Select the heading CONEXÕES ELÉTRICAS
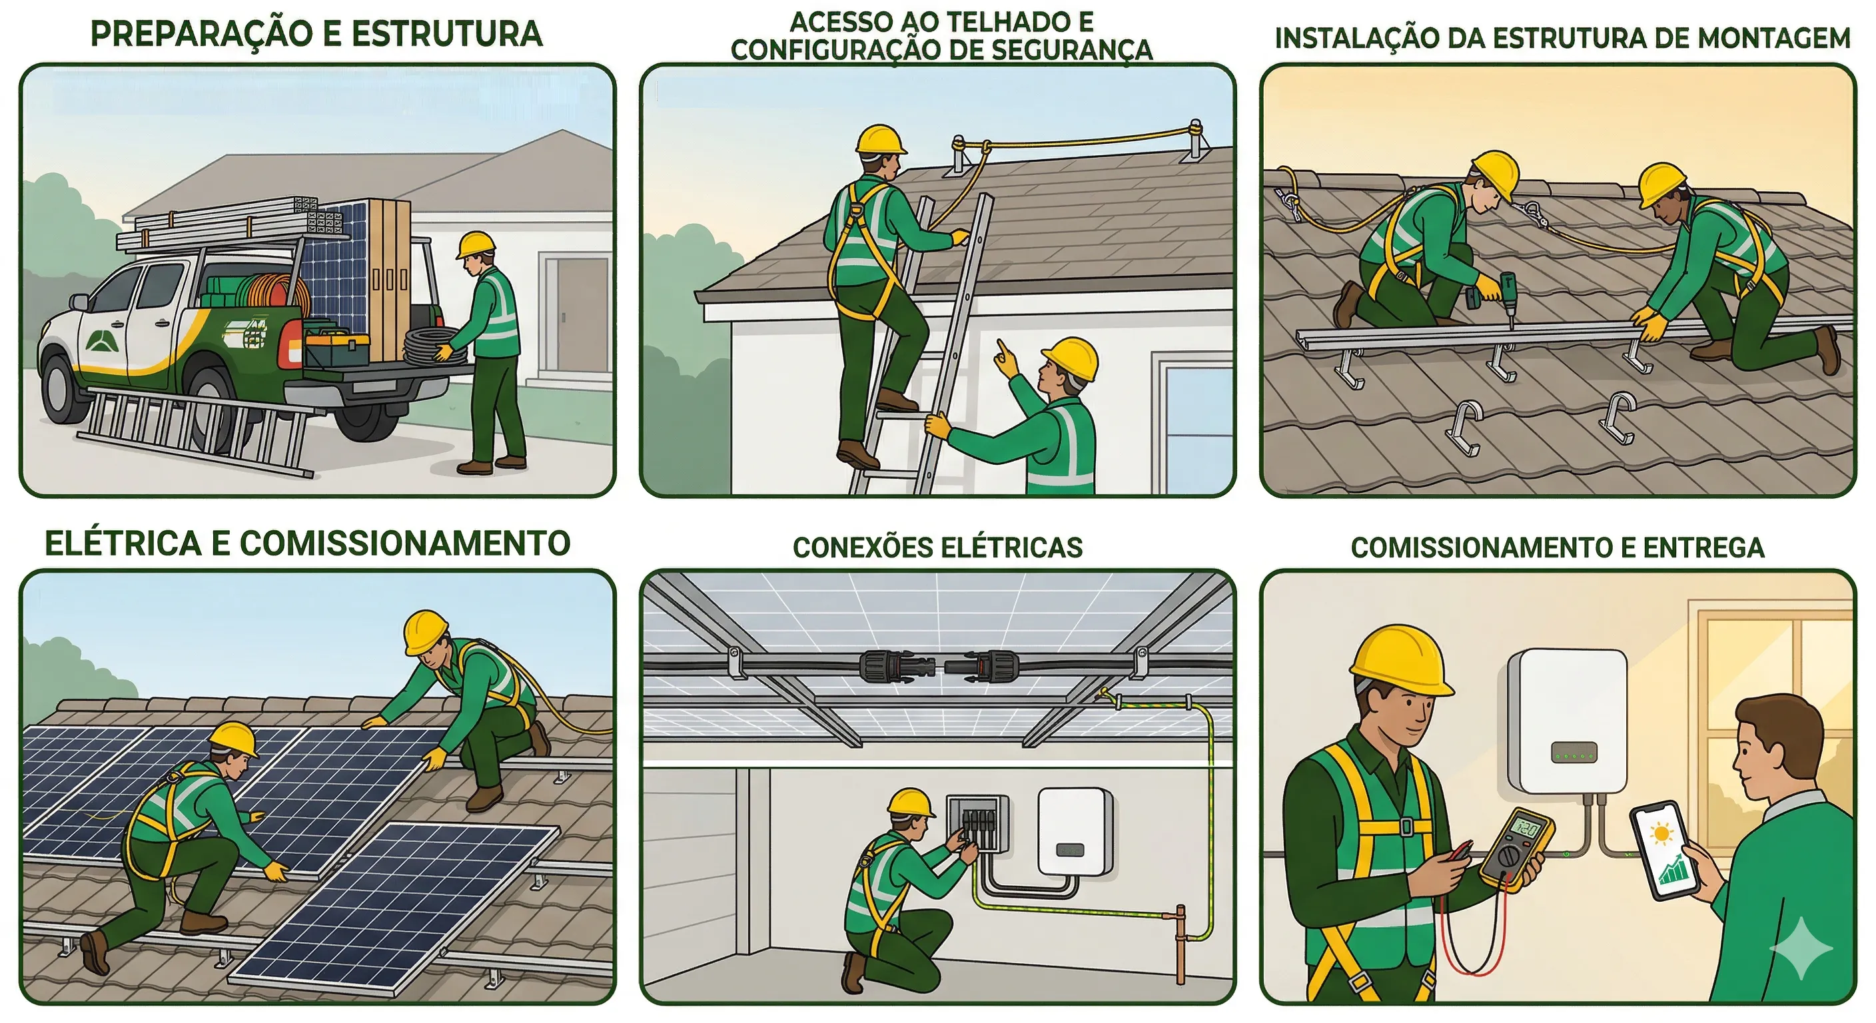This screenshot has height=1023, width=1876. [937, 547]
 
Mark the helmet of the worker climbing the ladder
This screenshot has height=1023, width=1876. [880, 140]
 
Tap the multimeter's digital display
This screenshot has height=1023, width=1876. [1526, 829]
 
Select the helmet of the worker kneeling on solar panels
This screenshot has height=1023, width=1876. [234, 740]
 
